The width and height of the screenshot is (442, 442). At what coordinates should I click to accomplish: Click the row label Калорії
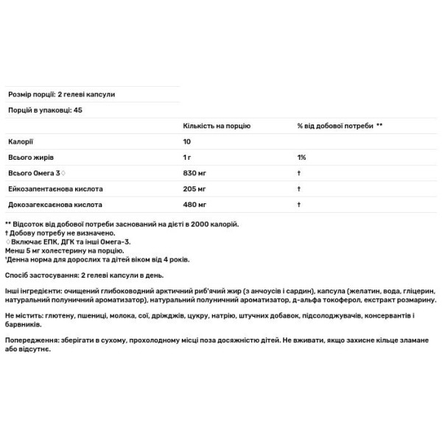coord(20,141)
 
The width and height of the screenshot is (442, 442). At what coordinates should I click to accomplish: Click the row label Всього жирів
coord(29,158)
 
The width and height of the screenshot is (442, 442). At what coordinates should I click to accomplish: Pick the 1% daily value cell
coord(301,158)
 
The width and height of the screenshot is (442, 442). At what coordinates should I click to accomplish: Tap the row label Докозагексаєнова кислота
coord(55,204)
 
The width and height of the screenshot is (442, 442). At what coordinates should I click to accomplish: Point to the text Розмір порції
coord(29,94)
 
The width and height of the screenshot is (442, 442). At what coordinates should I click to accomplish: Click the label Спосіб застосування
coord(37,273)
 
